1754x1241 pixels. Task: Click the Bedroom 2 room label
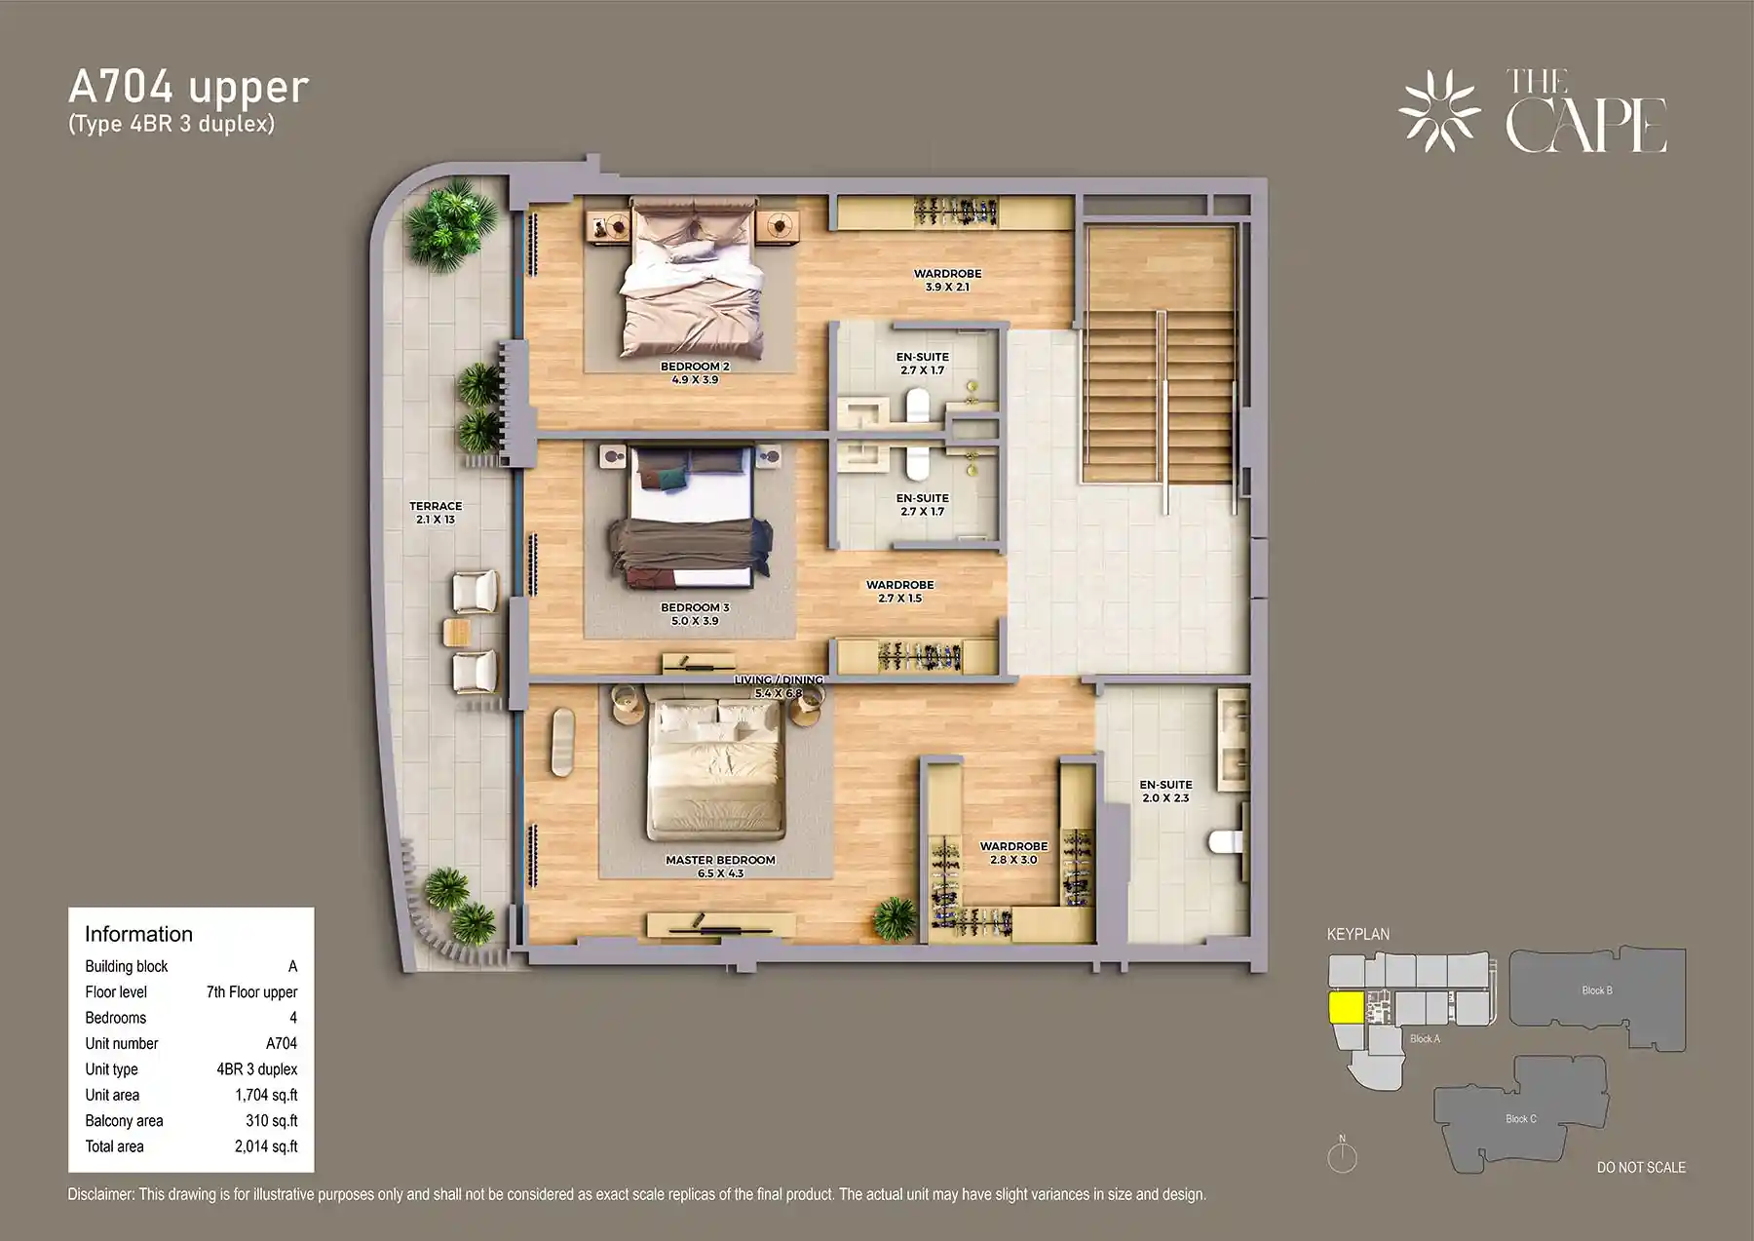click(x=695, y=372)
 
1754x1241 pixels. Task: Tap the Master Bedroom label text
click(x=720, y=866)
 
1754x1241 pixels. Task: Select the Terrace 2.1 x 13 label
click(x=436, y=513)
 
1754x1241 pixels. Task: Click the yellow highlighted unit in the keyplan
click(x=1347, y=1008)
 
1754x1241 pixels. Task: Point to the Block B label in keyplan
click(x=1596, y=990)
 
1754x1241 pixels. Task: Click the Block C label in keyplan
click(x=1520, y=1118)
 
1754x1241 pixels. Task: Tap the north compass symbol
click(x=1342, y=1156)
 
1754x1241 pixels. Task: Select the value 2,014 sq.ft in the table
click(x=265, y=1146)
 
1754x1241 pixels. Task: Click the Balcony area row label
click(x=124, y=1121)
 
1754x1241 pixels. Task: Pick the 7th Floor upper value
click(x=251, y=991)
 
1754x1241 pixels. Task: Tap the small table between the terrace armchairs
click(x=456, y=632)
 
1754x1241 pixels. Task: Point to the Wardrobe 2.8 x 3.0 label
click(x=1013, y=853)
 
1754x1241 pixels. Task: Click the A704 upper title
click(x=188, y=88)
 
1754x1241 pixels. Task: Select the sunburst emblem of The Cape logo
click(x=1438, y=111)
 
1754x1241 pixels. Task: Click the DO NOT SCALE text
click(x=1640, y=1167)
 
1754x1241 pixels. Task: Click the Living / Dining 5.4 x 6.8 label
click(x=779, y=686)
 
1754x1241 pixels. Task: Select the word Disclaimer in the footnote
click(x=100, y=1194)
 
